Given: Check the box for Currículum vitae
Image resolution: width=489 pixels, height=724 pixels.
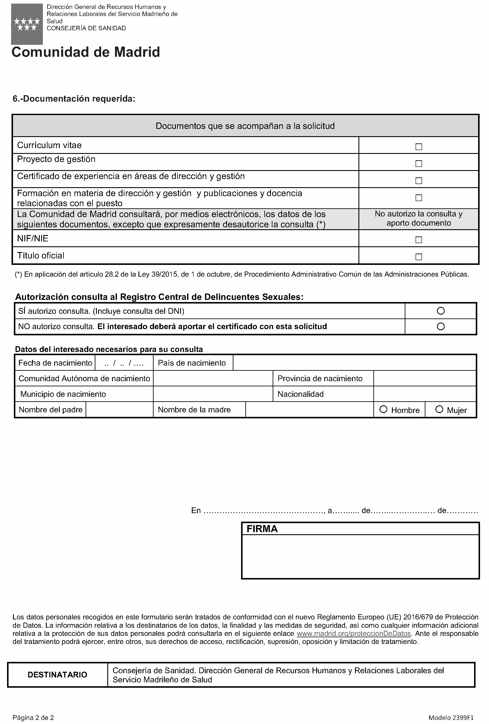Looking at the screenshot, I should coord(419,147).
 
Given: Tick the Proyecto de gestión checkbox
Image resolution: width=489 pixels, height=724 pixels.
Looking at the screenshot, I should coord(419,163).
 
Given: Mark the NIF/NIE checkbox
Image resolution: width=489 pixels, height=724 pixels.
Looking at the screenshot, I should coord(419,240).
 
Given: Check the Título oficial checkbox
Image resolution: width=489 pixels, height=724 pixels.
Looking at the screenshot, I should coord(419,257).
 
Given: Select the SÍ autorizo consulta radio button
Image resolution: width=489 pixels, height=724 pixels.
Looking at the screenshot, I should coord(441,311).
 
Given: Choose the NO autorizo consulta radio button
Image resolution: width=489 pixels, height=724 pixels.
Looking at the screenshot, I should coord(441,327).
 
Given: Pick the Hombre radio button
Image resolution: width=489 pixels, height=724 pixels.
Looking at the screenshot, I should coord(383,409).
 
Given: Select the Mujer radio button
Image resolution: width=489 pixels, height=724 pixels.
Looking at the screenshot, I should coord(439,409).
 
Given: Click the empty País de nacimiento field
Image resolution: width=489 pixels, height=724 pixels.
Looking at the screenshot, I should coord(354,363).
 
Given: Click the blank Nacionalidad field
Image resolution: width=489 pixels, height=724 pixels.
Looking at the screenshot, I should coord(425,394).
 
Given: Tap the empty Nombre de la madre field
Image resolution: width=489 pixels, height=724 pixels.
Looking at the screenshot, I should coord(309,410).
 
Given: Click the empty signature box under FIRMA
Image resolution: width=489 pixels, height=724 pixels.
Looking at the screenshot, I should coord(360,556).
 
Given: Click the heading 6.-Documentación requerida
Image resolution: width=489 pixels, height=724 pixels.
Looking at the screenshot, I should coord(74,99).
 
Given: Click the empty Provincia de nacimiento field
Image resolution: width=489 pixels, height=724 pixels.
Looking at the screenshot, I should coord(425,378).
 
